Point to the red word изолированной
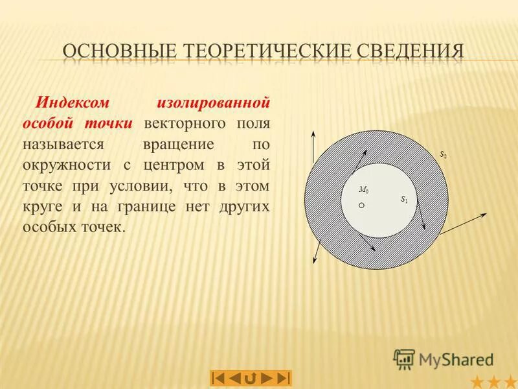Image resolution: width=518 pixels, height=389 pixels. pos(213,102)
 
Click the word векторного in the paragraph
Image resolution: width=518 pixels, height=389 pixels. pos(184,123)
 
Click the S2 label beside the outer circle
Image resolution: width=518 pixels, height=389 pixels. pos(444,155)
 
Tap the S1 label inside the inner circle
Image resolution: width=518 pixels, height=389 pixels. pos(404,199)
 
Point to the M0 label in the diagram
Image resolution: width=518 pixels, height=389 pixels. pos(363,191)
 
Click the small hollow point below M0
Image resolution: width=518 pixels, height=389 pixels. pos(363,205)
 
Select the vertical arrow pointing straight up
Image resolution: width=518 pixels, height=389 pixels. pos(313,147)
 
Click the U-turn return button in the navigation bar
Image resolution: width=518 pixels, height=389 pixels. pos(251,377)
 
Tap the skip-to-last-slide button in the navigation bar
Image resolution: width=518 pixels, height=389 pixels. pos(283,377)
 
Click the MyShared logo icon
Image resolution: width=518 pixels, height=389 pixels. pos(404,359)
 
